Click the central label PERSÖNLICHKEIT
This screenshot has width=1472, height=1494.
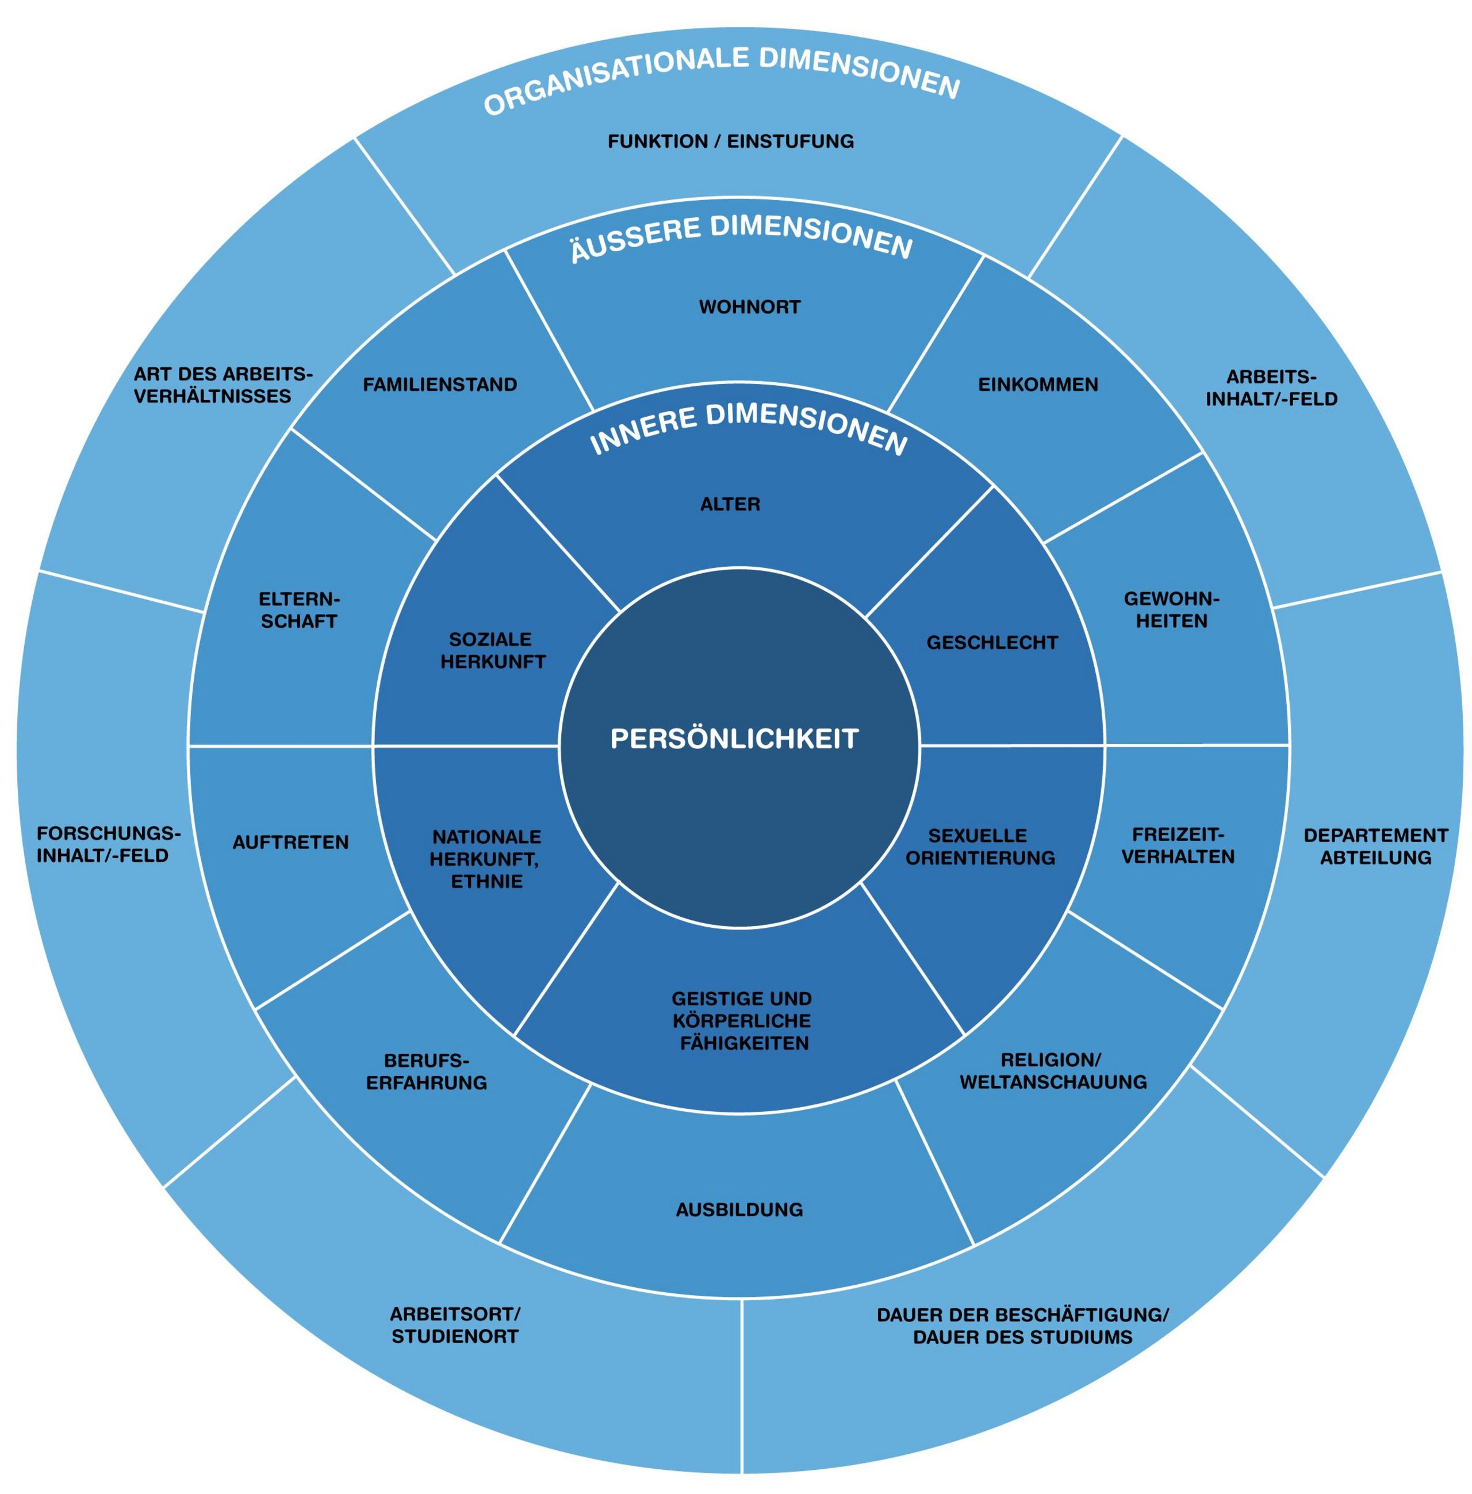point(734,738)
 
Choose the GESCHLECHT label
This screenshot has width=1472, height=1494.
point(992,642)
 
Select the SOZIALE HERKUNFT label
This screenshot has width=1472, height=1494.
point(492,650)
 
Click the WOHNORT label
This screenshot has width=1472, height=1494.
point(749,307)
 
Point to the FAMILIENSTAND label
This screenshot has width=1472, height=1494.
point(440,384)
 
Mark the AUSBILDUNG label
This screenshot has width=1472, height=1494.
point(739,1209)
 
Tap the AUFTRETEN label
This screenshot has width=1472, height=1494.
point(291,842)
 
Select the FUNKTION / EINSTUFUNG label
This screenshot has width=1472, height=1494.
point(731,141)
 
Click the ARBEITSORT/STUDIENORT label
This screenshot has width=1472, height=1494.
point(455,1325)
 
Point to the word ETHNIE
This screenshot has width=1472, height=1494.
point(486,881)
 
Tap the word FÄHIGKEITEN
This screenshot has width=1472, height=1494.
point(743,1043)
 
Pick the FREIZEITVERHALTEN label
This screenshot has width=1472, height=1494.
point(1178,846)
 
